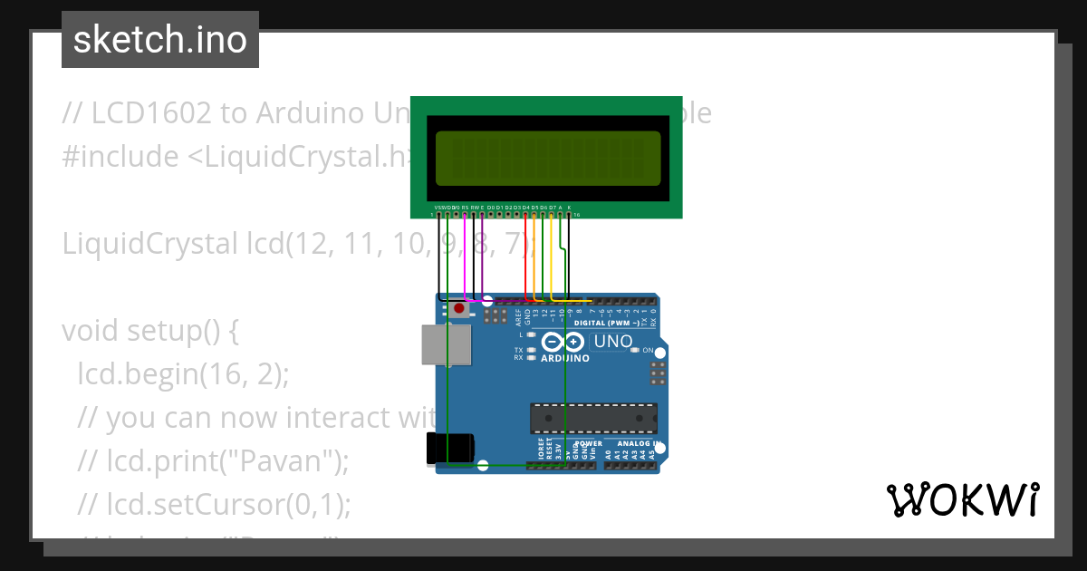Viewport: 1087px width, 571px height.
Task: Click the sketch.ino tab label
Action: (159, 40)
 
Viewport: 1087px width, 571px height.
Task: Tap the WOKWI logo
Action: (961, 500)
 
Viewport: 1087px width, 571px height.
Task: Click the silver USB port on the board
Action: (446, 345)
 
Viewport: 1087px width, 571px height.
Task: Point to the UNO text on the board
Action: (613, 342)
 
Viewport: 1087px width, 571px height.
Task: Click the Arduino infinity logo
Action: (563, 343)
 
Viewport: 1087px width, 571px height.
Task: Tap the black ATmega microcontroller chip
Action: (593, 418)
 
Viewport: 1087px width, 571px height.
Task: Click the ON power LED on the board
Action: (636, 350)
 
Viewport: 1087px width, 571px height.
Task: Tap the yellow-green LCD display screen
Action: (547, 156)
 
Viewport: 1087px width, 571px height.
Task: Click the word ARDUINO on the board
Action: (565, 358)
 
